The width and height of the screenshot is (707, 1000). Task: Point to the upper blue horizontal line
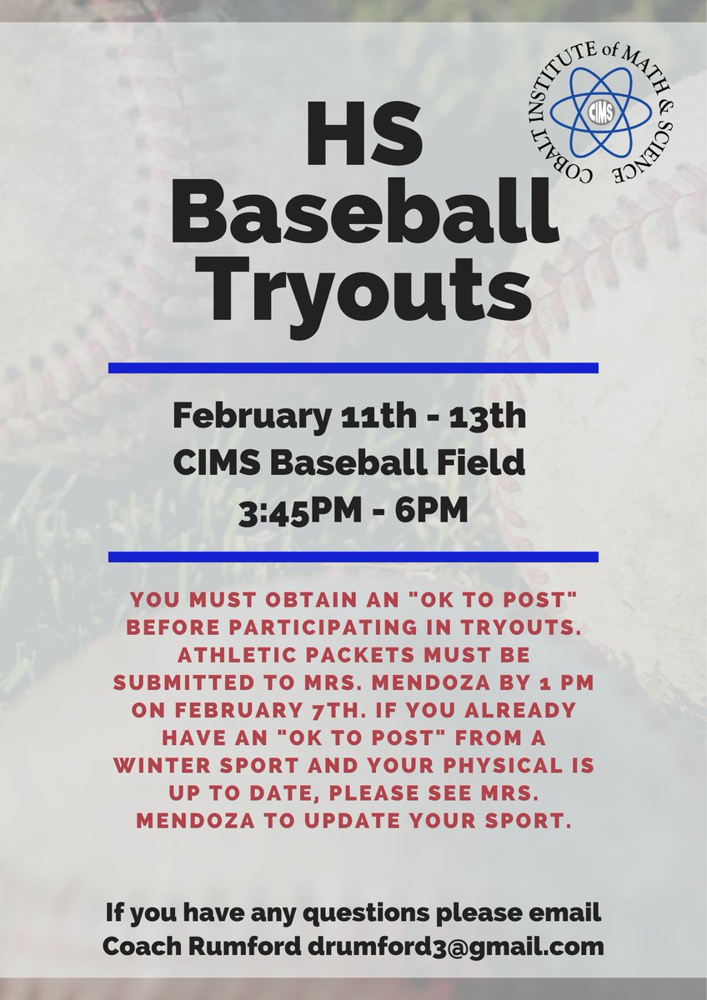(x=353, y=367)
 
